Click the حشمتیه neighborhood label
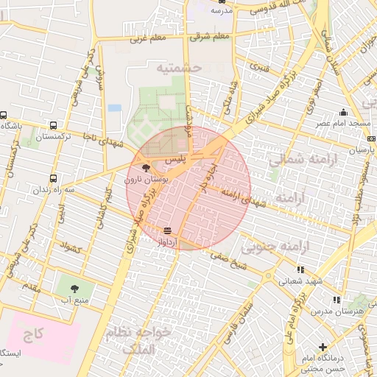pos(178,68)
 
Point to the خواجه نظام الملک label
pos(138,341)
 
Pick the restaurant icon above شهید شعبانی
pos(300,269)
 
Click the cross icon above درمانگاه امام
pos(323,346)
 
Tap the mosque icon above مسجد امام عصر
pos(342,113)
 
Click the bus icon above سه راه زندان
pos(53,177)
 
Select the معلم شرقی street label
pos(210,35)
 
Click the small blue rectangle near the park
pos(114,108)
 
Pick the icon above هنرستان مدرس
pos(336,300)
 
